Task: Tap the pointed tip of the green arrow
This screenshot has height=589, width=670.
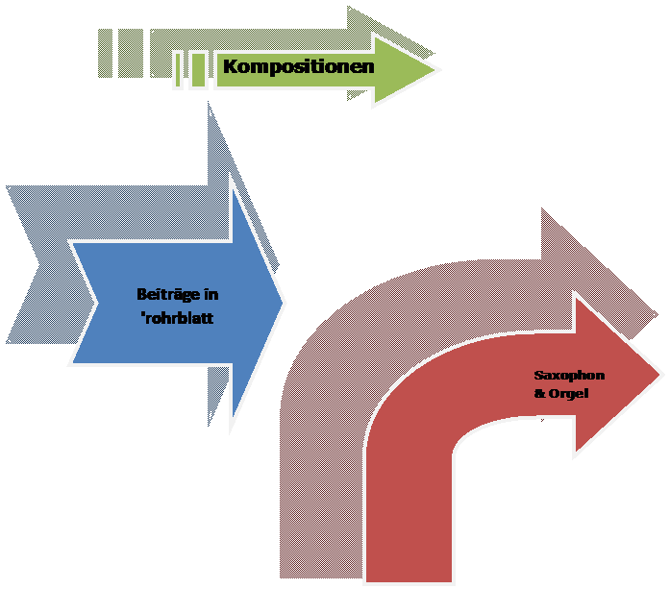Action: click(x=437, y=69)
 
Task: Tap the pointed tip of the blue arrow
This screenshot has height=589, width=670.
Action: click(x=285, y=303)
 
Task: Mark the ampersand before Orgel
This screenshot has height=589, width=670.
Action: click(x=538, y=394)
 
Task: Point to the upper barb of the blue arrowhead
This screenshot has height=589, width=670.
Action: click(x=234, y=183)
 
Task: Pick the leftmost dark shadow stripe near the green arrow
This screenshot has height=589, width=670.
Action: click(x=106, y=52)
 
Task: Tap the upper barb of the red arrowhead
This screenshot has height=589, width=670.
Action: click(x=576, y=298)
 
